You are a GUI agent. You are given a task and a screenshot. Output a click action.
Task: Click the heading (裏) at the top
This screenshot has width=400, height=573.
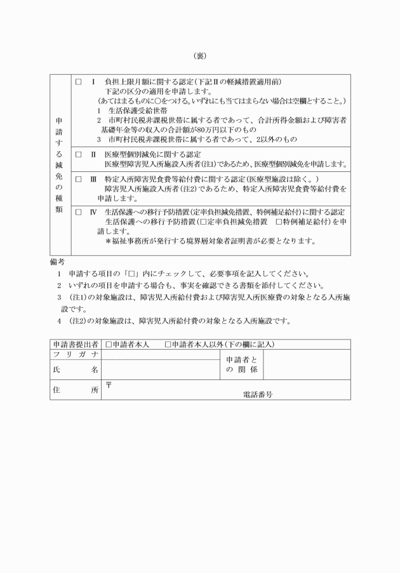(199, 55)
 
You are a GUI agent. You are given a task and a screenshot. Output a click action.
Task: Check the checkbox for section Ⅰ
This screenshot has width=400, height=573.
(79, 82)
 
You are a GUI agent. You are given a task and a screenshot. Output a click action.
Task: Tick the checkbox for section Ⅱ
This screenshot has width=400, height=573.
(79, 154)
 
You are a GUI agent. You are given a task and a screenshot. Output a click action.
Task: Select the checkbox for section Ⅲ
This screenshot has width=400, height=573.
(79, 179)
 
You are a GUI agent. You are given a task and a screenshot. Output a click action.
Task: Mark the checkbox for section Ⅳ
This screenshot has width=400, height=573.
(79, 212)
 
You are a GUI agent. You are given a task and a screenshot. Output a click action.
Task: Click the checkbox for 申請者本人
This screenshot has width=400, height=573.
(109, 345)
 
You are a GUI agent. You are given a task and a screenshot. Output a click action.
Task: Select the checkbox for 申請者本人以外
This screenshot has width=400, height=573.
(167, 345)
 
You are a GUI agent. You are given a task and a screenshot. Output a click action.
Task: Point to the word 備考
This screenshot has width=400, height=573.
(58, 261)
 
